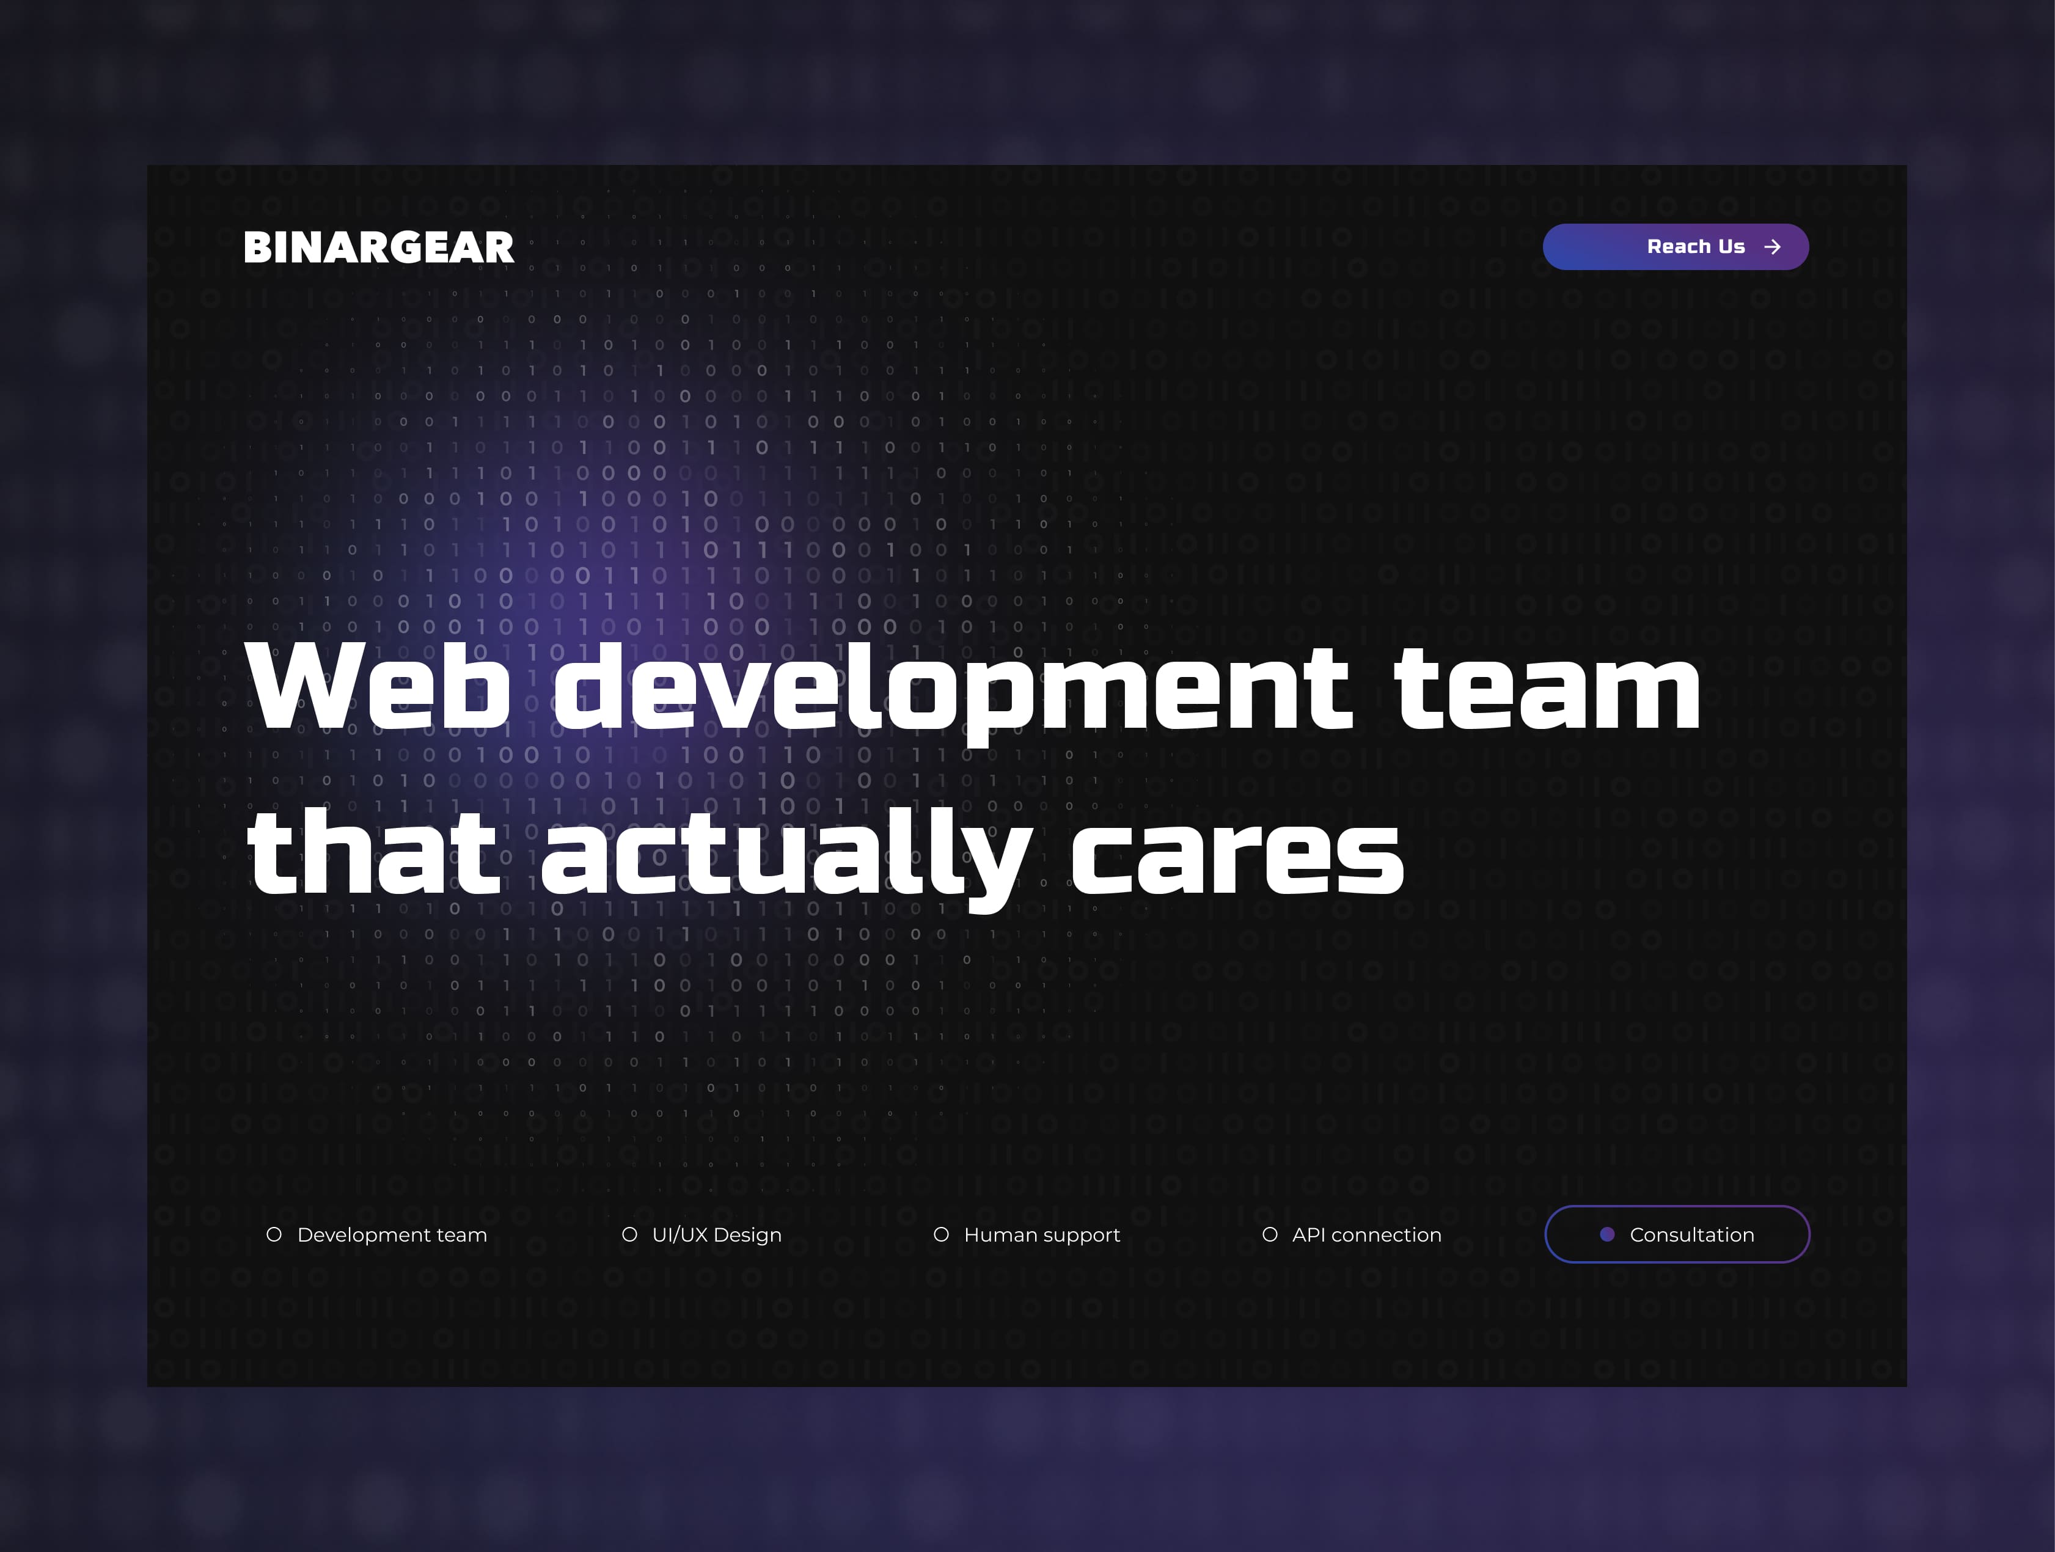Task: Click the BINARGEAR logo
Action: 378,247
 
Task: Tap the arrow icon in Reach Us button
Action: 1773,247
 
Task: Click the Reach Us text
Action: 1696,246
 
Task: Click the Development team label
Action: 392,1234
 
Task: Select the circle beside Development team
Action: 274,1234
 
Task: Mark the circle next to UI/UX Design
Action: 629,1234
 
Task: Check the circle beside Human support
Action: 941,1234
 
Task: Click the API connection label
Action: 1366,1234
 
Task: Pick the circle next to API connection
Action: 1270,1234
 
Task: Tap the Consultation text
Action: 1692,1234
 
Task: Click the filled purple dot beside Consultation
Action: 1607,1234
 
